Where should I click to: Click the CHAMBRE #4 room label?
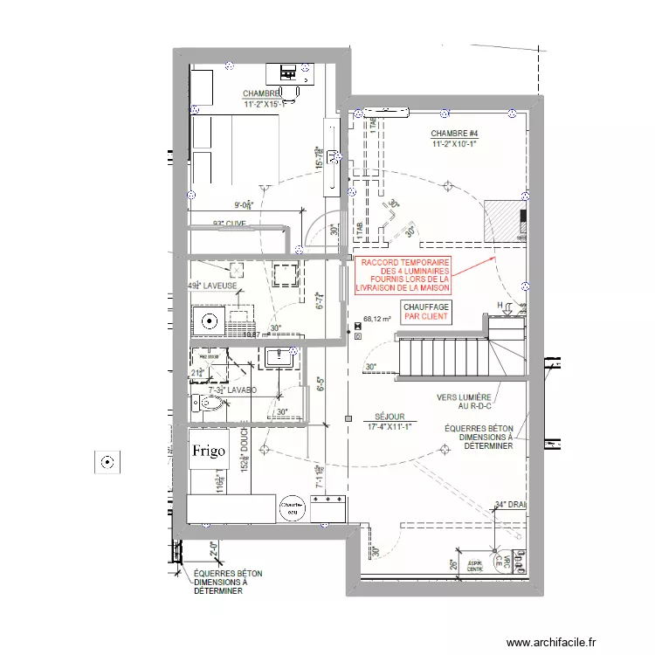pyautogui.click(x=454, y=139)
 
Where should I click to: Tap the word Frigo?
pyautogui.click(x=209, y=451)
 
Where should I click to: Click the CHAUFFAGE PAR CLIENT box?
pyautogui.click(x=426, y=312)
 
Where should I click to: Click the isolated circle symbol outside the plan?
pyautogui.click(x=107, y=461)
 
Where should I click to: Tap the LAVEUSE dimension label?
pyautogui.click(x=209, y=286)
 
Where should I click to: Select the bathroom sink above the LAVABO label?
pyautogui.click(x=280, y=356)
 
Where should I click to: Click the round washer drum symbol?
pyautogui.click(x=209, y=321)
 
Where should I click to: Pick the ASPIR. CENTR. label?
pyautogui.click(x=475, y=565)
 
